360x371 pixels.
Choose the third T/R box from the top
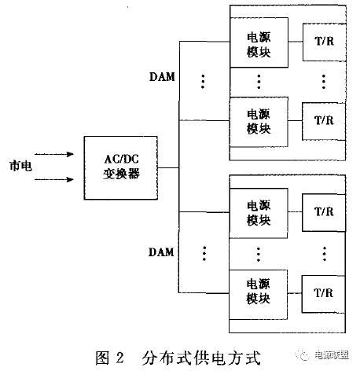click(324, 213)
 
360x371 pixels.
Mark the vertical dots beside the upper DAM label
click(203, 81)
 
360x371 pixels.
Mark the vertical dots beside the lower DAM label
click(203, 253)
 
